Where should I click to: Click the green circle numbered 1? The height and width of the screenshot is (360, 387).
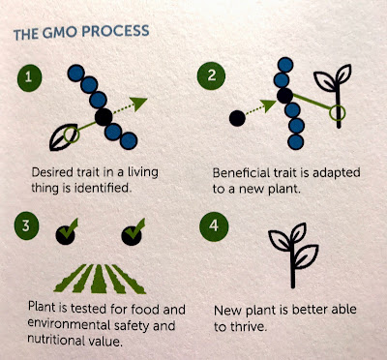[x=29, y=77]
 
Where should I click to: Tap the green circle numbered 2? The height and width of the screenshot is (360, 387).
[x=211, y=75]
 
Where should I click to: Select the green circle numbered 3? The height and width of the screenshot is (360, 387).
[x=26, y=225]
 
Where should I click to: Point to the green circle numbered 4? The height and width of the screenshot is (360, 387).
[x=214, y=225]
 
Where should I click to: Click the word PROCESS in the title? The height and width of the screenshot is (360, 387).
[x=115, y=31]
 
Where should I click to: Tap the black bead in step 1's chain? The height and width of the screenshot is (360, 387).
[x=104, y=117]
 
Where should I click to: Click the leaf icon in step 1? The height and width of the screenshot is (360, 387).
[x=63, y=137]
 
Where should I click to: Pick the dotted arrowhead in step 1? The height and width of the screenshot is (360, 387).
[x=139, y=104]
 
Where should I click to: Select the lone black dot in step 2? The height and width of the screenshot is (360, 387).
[x=237, y=118]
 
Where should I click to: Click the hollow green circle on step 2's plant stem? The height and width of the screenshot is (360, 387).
[x=338, y=113]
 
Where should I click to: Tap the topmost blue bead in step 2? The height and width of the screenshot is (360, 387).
[x=285, y=65]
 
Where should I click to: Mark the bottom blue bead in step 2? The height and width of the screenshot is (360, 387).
[x=295, y=141]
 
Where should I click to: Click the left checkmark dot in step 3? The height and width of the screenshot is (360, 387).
[x=66, y=235]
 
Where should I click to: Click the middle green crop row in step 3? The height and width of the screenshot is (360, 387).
[x=99, y=279]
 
